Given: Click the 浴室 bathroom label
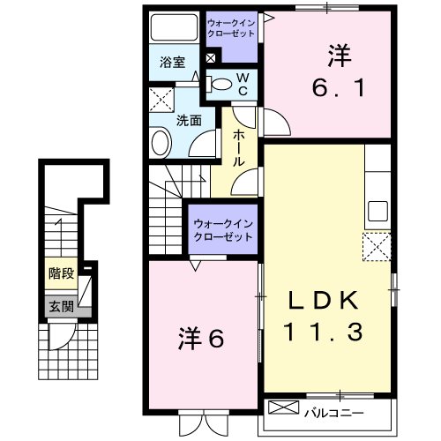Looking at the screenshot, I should (x=172, y=62).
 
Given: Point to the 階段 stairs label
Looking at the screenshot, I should (x=61, y=273).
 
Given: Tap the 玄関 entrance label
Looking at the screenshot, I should (x=61, y=307).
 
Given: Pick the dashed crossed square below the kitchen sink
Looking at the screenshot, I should (x=377, y=245).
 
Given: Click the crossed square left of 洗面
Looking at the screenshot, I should (x=161, y=99).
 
